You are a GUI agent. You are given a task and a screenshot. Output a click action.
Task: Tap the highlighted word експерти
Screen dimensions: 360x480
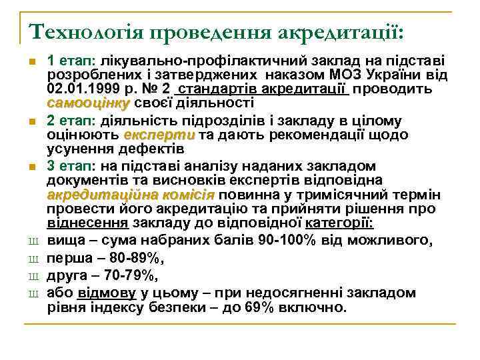pyautogui.click(x=159, y=134)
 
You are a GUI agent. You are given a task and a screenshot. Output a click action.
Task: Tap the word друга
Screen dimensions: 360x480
pyautogui.click(x=70, y=275)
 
